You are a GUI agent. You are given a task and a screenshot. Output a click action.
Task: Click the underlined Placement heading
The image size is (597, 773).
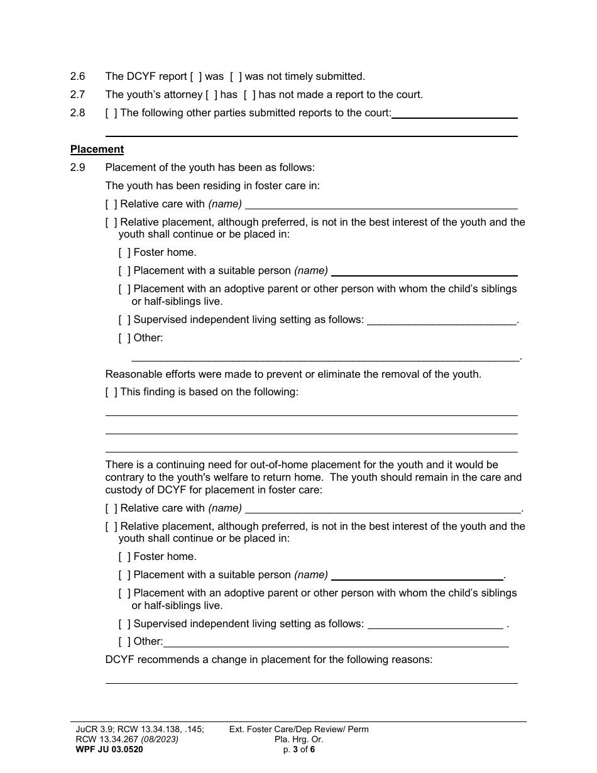click(97, 150)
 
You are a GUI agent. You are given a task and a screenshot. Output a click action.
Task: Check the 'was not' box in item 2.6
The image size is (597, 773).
click(236, 77)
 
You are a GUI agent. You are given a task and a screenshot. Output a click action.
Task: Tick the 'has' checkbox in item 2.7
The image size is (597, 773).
click(212, 95)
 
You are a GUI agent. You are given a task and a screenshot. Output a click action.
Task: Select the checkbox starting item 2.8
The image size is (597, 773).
click(111, 113)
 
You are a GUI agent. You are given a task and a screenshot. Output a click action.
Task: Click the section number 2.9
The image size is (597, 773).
click(77, 168)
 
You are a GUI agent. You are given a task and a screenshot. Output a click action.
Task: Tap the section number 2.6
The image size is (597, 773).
click(77, 77)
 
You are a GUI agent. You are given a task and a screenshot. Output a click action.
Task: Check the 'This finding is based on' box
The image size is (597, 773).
click(111, 392)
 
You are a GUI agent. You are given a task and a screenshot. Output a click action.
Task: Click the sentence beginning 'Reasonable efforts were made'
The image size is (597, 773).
click(293, 375)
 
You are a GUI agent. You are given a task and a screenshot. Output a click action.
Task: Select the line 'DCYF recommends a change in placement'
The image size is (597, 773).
click(269, 660)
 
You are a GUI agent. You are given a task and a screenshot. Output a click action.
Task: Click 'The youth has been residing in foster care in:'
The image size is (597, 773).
click(212, 186)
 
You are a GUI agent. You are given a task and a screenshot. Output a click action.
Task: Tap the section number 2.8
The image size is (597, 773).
click(77, 113)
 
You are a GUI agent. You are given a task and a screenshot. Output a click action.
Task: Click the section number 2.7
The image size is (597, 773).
click(77, 95)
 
